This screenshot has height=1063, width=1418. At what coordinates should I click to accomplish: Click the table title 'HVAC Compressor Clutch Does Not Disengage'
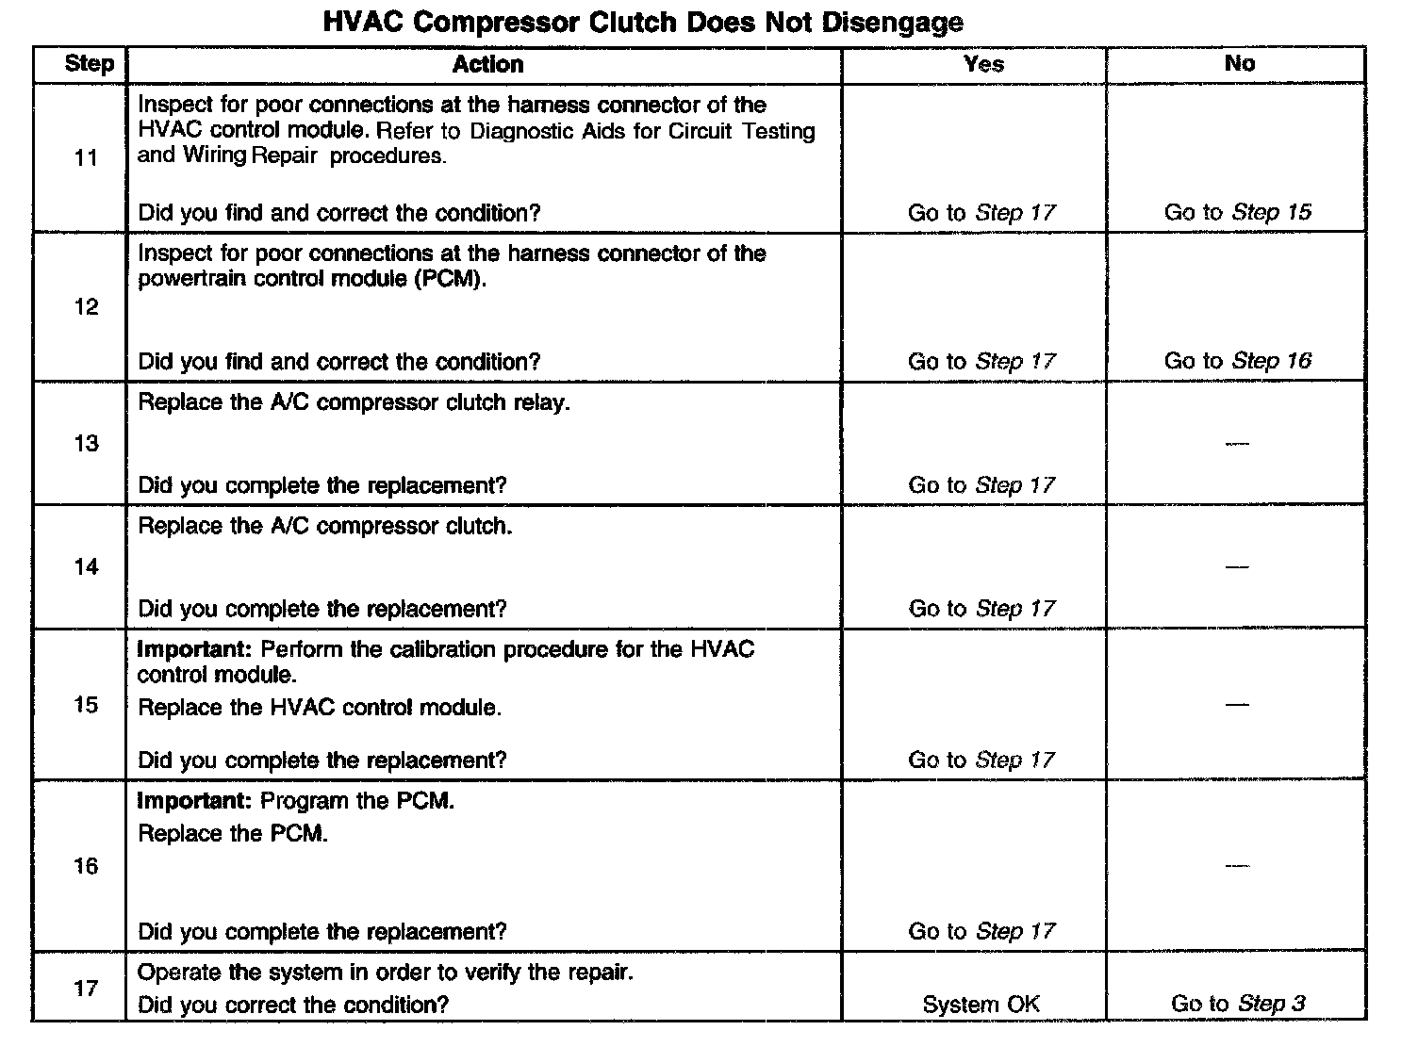click(x=643, y=23)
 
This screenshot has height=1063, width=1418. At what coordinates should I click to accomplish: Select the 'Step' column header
click(x=90, y=64)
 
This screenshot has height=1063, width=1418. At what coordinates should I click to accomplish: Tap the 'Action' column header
click(x=487, y=64)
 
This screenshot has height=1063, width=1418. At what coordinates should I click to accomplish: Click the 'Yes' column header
click(x=983, y=64)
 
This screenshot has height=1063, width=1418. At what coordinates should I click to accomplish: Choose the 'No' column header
click(x=1239, y=63)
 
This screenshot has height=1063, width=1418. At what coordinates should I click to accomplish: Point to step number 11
click(x=86, y=158)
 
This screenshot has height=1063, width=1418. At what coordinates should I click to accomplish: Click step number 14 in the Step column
click(x=86, y=566)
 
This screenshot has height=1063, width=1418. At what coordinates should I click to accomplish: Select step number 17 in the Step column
click(x=86, y=989)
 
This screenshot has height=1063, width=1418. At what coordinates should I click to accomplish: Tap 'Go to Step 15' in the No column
click(x=1237, y=212)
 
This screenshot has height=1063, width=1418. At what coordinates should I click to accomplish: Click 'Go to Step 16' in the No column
click(x=1237, y=361)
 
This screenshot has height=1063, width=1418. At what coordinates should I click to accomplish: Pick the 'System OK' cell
click(x=981, y=1005)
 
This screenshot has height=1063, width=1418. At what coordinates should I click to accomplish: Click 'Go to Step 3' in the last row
click(x=1237, y=1004)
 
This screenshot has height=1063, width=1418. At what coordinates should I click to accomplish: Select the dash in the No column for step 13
click(x=1237, y=444)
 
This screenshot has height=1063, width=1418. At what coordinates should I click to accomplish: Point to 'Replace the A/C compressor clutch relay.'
click(x=354, y=403)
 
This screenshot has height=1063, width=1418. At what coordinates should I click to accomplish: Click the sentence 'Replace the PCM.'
click(x=233, y=834)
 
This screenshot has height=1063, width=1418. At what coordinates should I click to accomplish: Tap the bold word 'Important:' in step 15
click(x=195, y=650)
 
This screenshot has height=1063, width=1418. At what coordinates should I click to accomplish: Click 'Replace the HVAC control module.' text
click(x=320, y=708)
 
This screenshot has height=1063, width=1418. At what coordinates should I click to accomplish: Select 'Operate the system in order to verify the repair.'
click(x=386, y=973)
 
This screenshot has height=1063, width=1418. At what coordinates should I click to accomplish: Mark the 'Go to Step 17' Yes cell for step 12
click(x=981, y=361)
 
